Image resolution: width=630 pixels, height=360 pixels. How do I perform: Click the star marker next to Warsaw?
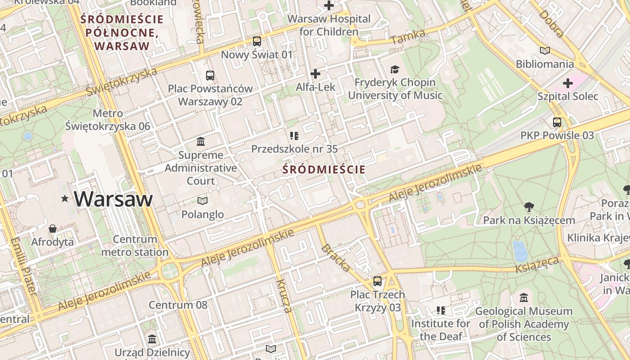65,198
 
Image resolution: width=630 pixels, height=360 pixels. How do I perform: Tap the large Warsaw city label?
113,199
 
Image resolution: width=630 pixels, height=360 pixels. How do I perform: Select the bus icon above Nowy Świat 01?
257,41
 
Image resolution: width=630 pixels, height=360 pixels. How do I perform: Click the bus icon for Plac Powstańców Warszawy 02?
210,75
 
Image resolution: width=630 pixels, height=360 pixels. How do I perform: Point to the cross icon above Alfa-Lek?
315,73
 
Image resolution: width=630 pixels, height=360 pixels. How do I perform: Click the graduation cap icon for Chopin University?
395,69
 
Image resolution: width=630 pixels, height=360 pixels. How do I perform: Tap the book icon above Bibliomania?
545,51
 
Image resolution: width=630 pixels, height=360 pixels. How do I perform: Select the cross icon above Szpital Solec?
568,83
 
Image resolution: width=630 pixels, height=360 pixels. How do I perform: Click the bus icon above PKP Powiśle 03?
557,122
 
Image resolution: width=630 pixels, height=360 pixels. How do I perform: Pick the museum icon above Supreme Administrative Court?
201,142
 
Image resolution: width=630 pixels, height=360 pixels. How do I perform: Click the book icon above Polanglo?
202,201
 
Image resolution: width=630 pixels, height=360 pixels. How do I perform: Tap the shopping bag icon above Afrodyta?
53,229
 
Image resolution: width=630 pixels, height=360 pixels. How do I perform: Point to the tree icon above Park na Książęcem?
529,207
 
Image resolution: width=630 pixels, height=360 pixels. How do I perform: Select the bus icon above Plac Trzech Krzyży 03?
378,281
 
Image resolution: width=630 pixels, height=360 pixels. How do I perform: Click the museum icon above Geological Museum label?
524,298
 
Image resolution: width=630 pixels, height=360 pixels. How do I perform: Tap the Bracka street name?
336,258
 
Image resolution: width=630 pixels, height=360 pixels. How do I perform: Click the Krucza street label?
284,296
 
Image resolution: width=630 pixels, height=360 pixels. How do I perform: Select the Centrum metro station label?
135,246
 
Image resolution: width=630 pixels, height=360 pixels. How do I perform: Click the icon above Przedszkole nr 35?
294,135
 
